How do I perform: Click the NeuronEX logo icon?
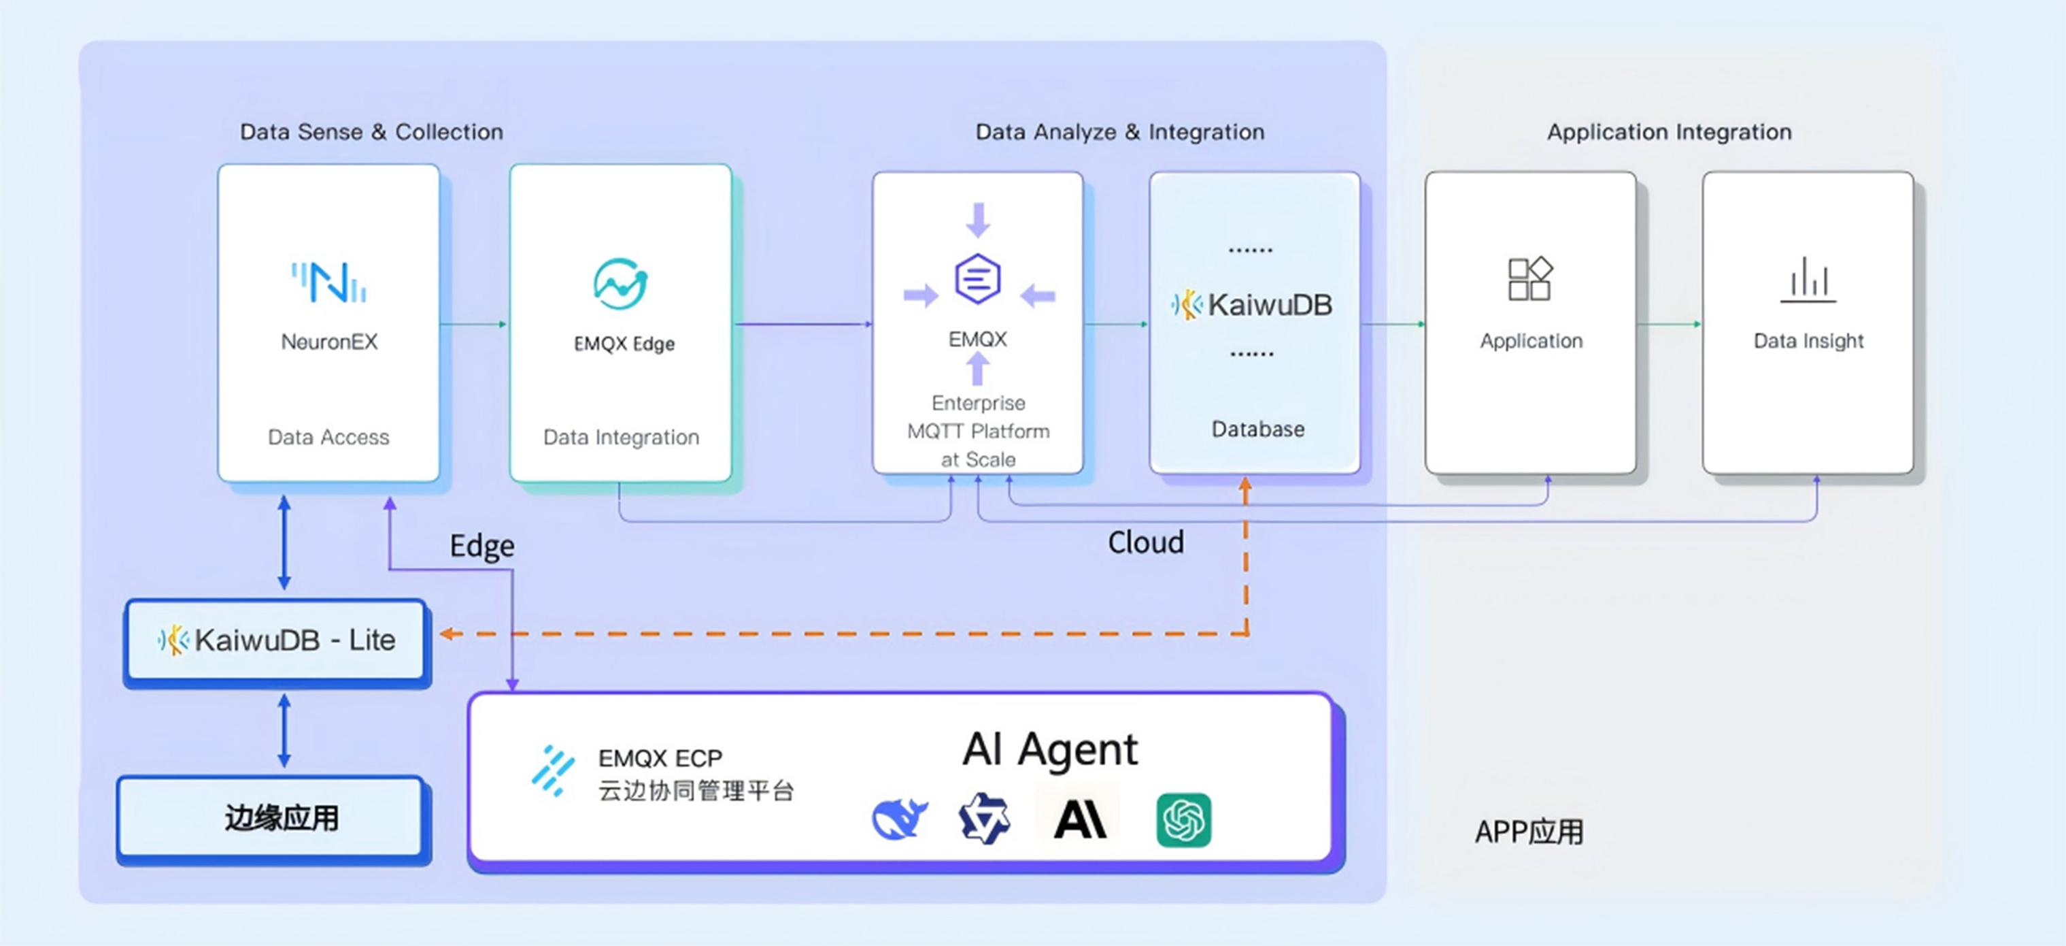(329, 282)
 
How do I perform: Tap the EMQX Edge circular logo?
(621, 284)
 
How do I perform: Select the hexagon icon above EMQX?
(977, 278)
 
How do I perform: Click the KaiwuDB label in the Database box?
(1269, 305)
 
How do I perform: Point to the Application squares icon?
(1530, 279)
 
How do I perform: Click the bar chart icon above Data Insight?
(1808, 280)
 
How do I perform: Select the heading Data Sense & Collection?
(371, 131)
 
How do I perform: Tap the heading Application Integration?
(1668, 131)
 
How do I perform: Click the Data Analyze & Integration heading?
(1119, 131)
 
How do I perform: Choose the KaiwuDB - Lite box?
(276, 640)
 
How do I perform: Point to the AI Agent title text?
(1049, 749)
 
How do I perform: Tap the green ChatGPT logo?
(1183, 820)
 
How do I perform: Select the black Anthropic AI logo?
(1079, 820)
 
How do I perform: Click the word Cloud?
(1145, 542)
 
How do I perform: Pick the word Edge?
(481, 547)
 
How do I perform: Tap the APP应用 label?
(1529, 832)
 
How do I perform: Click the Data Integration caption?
(621, 438)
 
